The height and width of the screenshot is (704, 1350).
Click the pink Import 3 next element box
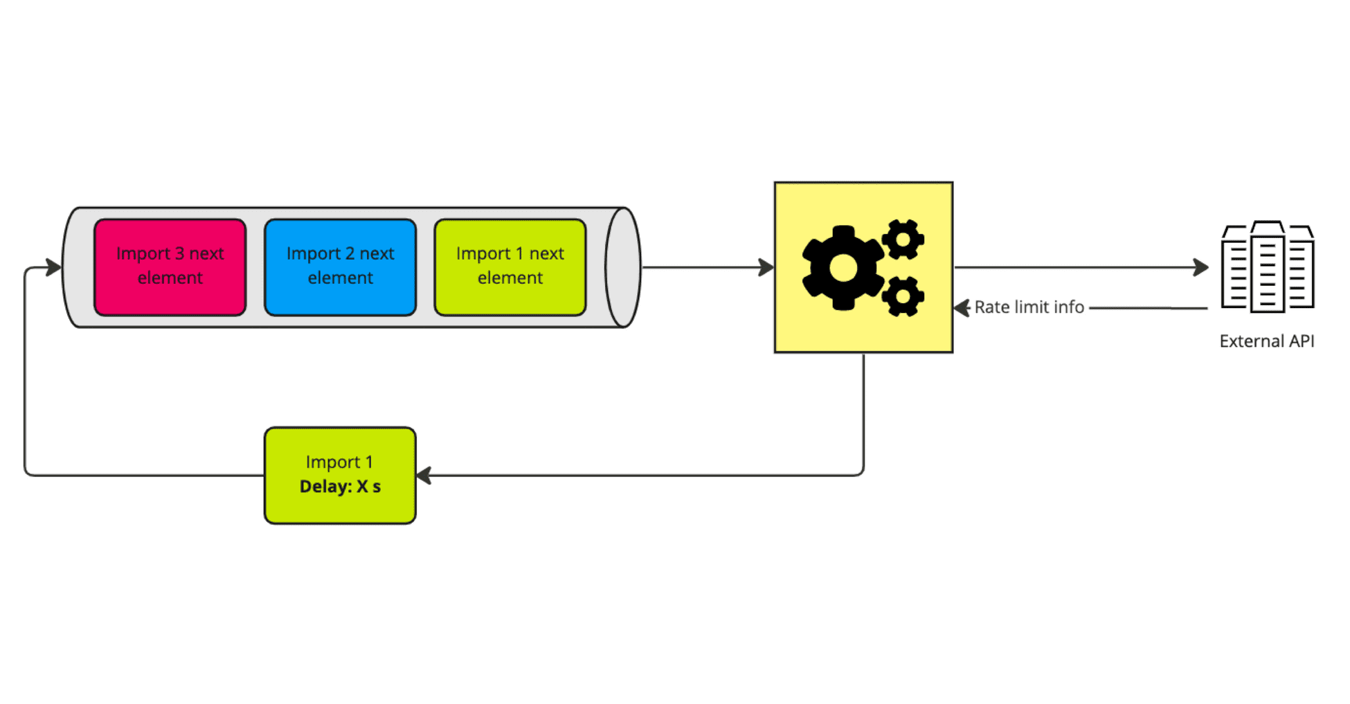pyautogui.click(x=170, y=267)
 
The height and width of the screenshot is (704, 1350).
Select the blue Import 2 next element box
pyautogui.click(x=340, y=267)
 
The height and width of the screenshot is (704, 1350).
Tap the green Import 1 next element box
pyautogui.click(x=510, y=267)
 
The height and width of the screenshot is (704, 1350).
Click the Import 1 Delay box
pyautogui.click(x=340, y=475)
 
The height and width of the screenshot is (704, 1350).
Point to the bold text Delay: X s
pyautogui.click(x=340, y=487)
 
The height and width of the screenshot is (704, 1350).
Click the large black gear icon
pyautogui.click(x=843, y=267)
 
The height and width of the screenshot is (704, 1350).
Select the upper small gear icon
pyautogui.click(x=903, y=240)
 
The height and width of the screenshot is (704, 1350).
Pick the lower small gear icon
pyautogui.click(x=903, y=296)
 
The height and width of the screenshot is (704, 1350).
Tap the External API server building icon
pyautogui.click(x=1268, y=267)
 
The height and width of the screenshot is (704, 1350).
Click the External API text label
pyautogui.click(x=1266, y=341)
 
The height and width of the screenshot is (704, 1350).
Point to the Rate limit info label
pyautogui.click(x=1029, y=307)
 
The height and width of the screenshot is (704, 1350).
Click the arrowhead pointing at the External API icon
pyautogui.click(x=1202, y=267)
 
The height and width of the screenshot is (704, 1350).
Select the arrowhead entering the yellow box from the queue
pyautogui.click(x=766, y=267)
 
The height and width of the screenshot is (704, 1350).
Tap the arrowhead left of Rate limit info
pyautogui.click(x=962, y=308)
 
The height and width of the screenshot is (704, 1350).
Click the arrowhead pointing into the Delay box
pyautogui.click(x=424, y=476)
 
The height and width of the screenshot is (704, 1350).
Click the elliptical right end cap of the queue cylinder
pyautogui.click(x=622, y=267)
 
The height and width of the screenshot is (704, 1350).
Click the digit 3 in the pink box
pyautogui.click(x=179, y=254)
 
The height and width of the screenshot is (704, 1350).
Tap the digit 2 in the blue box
pyautogui.click(x=350, y=254)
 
